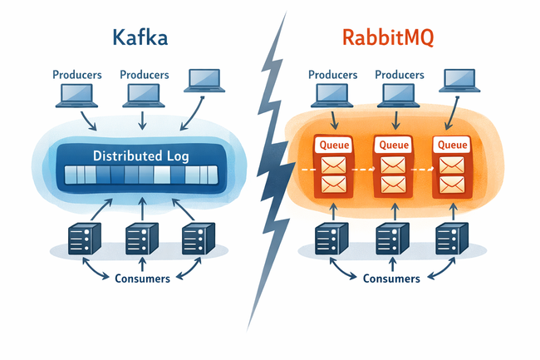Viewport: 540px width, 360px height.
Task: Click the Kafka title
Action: (140, 38)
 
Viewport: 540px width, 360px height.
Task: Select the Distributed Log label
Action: (140, 155)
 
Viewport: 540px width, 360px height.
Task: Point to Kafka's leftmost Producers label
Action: (76, 74)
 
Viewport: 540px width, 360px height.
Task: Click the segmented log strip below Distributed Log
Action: (140, 176)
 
